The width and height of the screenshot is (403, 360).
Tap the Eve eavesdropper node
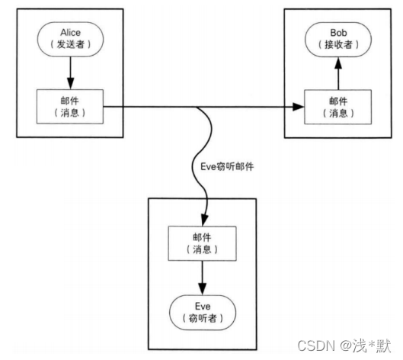202,310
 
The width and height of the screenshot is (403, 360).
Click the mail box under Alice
69,107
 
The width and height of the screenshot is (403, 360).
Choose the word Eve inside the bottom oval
202,304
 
